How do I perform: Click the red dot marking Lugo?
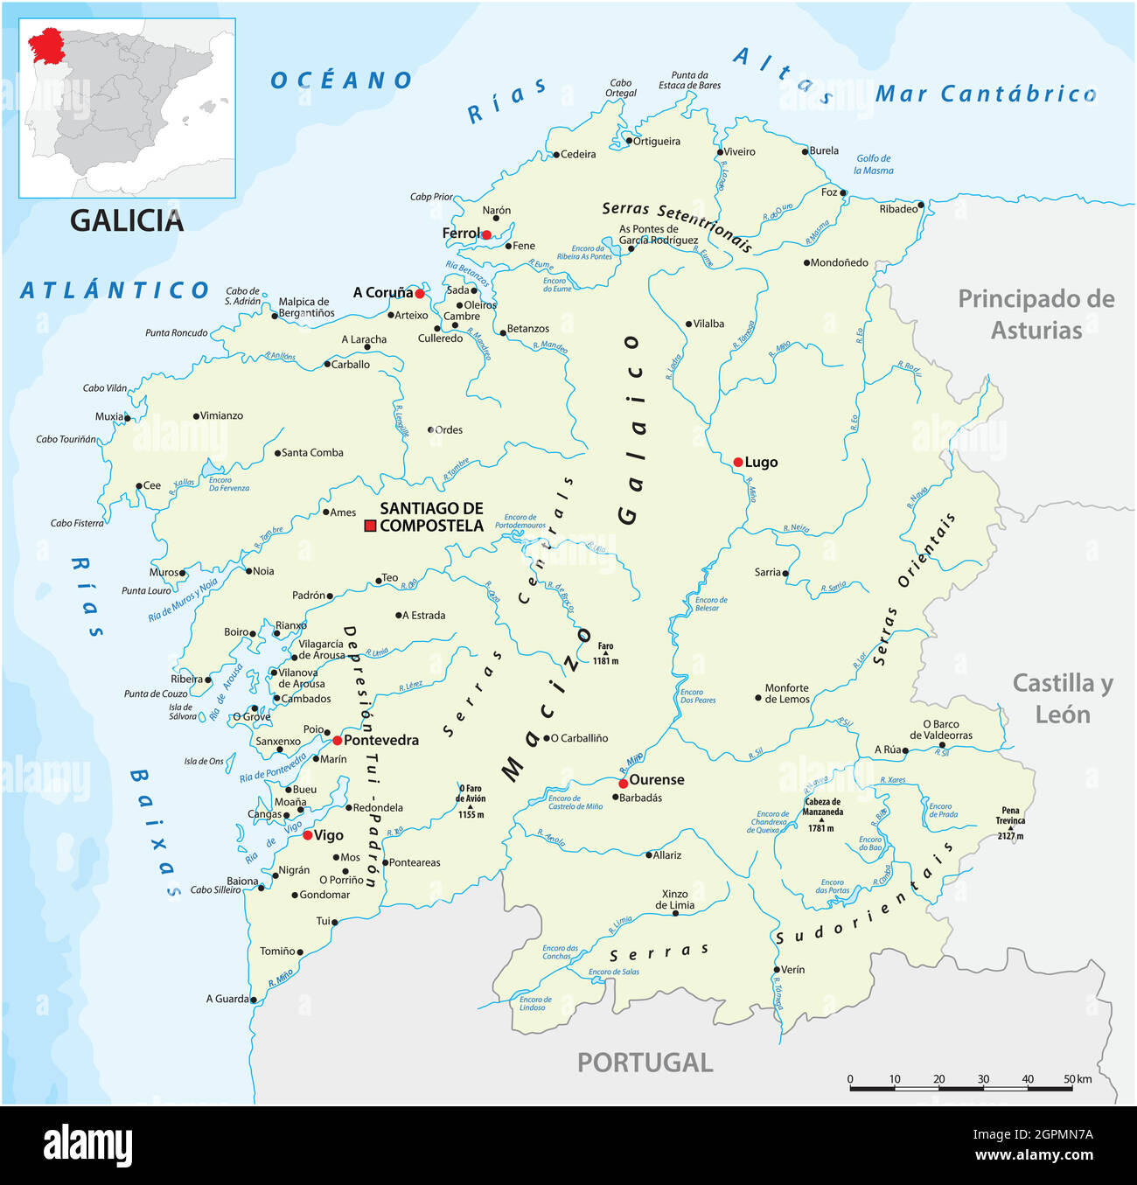738,462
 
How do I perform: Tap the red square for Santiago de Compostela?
370,526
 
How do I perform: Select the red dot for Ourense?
623,783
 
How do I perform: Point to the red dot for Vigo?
308,835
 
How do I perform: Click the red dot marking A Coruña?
420,294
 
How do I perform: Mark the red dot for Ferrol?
486,234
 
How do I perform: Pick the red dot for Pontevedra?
338,740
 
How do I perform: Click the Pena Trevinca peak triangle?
1010,828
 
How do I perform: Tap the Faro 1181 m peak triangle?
605,653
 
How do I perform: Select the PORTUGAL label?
645,1063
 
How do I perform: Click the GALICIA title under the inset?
127,220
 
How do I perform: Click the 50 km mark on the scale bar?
1070,1088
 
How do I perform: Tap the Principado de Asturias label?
1036,315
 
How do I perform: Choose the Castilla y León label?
1063,699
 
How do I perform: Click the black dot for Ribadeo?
921,205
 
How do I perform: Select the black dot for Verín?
776,970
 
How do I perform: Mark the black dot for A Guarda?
254,999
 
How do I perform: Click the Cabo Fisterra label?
77,523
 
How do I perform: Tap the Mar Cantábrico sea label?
986,94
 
